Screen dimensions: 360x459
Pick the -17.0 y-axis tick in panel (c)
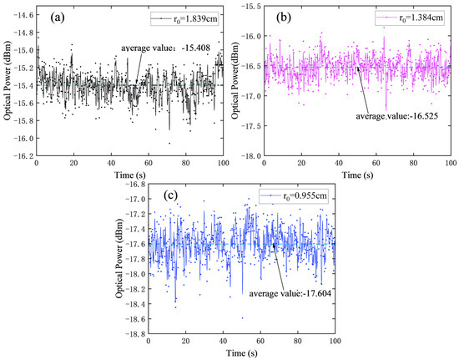coord(133,199)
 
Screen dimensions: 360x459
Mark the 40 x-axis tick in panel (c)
coord(223,343)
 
